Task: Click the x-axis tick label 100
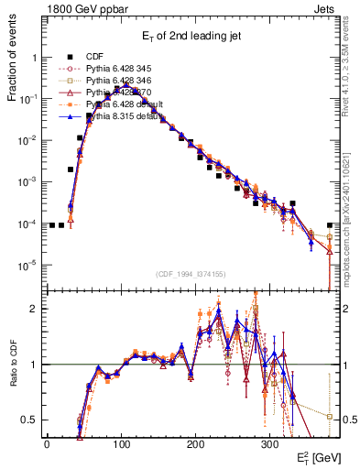pyautogui.click(x=121, y=442)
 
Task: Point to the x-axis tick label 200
pyautogui.click(x=195, y=442)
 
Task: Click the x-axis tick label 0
pyautogui.click(x=47, y=442)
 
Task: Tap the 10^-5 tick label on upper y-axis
pyautogui.click(x=28, y=266)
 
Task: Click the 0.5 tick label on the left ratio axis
pyautogui.click(x=30, y=420)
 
